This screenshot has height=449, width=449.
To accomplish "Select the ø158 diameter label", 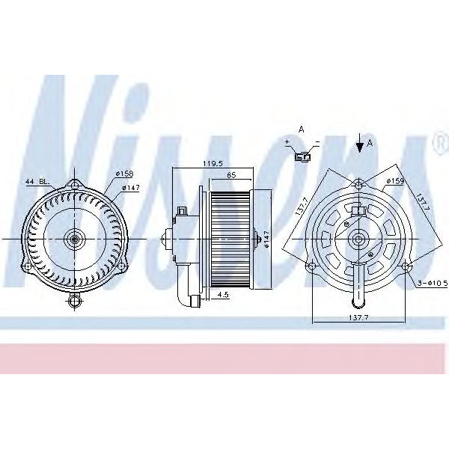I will click(123, 175).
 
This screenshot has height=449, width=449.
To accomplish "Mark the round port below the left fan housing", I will click(73, 302).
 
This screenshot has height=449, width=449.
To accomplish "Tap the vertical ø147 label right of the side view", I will click(266, 239).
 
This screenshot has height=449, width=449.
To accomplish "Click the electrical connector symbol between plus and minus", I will click(302, 156).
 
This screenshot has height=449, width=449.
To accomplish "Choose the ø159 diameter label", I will click(395, 180).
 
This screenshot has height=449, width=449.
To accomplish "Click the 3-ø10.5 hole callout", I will click(433, 284).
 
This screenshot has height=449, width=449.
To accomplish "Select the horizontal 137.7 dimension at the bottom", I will click(359, 318).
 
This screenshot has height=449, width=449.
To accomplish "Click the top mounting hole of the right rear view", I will click(359, 184).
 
